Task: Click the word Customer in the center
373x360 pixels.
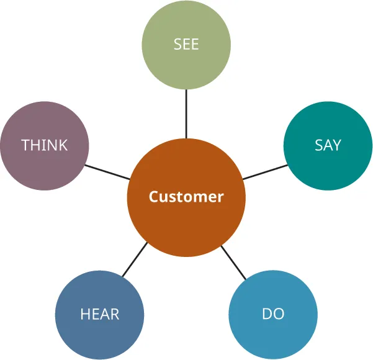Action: pos(186,197)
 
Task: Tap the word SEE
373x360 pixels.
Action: pos(186,45)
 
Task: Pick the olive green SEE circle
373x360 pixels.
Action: pos(186,68)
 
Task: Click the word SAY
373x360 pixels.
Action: pos(328,145)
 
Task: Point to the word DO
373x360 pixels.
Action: pos(273,314)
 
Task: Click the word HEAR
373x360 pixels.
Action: pos(99,314)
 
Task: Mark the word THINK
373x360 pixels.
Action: pos(44,145)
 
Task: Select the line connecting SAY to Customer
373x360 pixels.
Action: pos(265,172)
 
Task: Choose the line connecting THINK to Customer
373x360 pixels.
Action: pos(107,172)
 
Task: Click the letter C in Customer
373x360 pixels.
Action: pos(153,197)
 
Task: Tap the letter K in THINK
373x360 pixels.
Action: pos(63,145)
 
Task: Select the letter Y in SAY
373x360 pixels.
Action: pos(336,145)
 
